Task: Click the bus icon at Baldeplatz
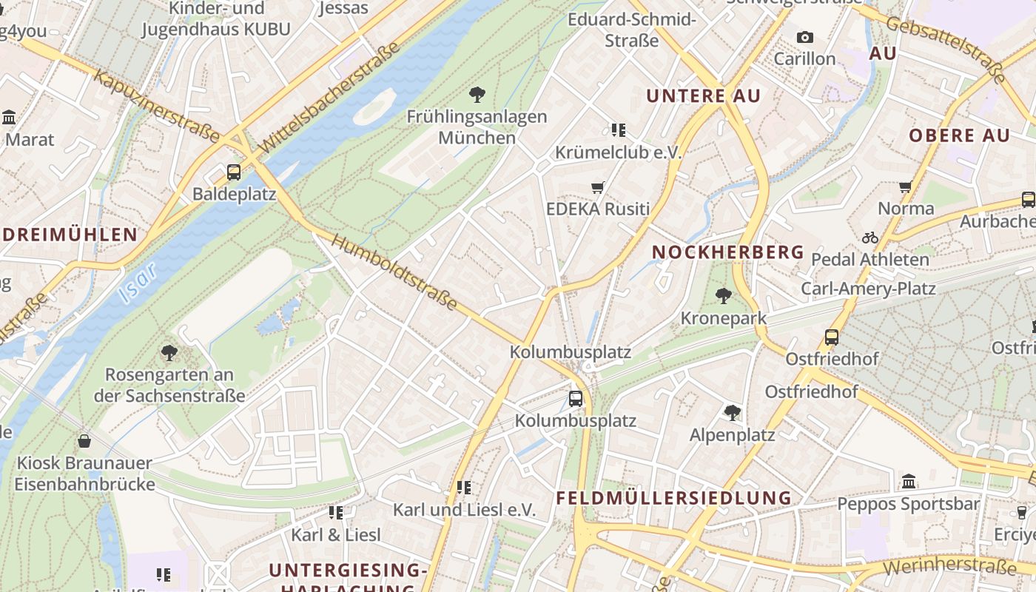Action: (x=234, y=172)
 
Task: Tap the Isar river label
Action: (x=138, y=283)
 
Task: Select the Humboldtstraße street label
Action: (x=393, y=272)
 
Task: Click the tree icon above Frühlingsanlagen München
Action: (x=477, y=94)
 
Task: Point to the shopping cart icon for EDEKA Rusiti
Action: (x=598, y=187)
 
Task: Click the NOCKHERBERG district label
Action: (x=727, y=252)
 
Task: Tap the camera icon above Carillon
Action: (x=804, y=37)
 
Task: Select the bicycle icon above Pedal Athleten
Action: (x=870, y=238)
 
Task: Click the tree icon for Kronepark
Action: (x=724, y=296)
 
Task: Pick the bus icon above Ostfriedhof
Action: (x=832, y=337)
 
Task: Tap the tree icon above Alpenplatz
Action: (x=733, y=412)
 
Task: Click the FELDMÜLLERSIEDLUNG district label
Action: (x=673, y=497)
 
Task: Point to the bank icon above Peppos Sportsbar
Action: (x=909, y=482)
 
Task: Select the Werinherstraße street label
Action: (x=949, y=568)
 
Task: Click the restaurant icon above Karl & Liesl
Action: (x=336, y=512)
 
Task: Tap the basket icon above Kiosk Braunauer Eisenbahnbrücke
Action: (x=84, y=441)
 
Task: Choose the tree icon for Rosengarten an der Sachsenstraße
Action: (x=169, y=352)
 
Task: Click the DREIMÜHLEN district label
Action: (x=69, y=235)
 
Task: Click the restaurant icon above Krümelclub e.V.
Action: (x=619, y=130)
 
